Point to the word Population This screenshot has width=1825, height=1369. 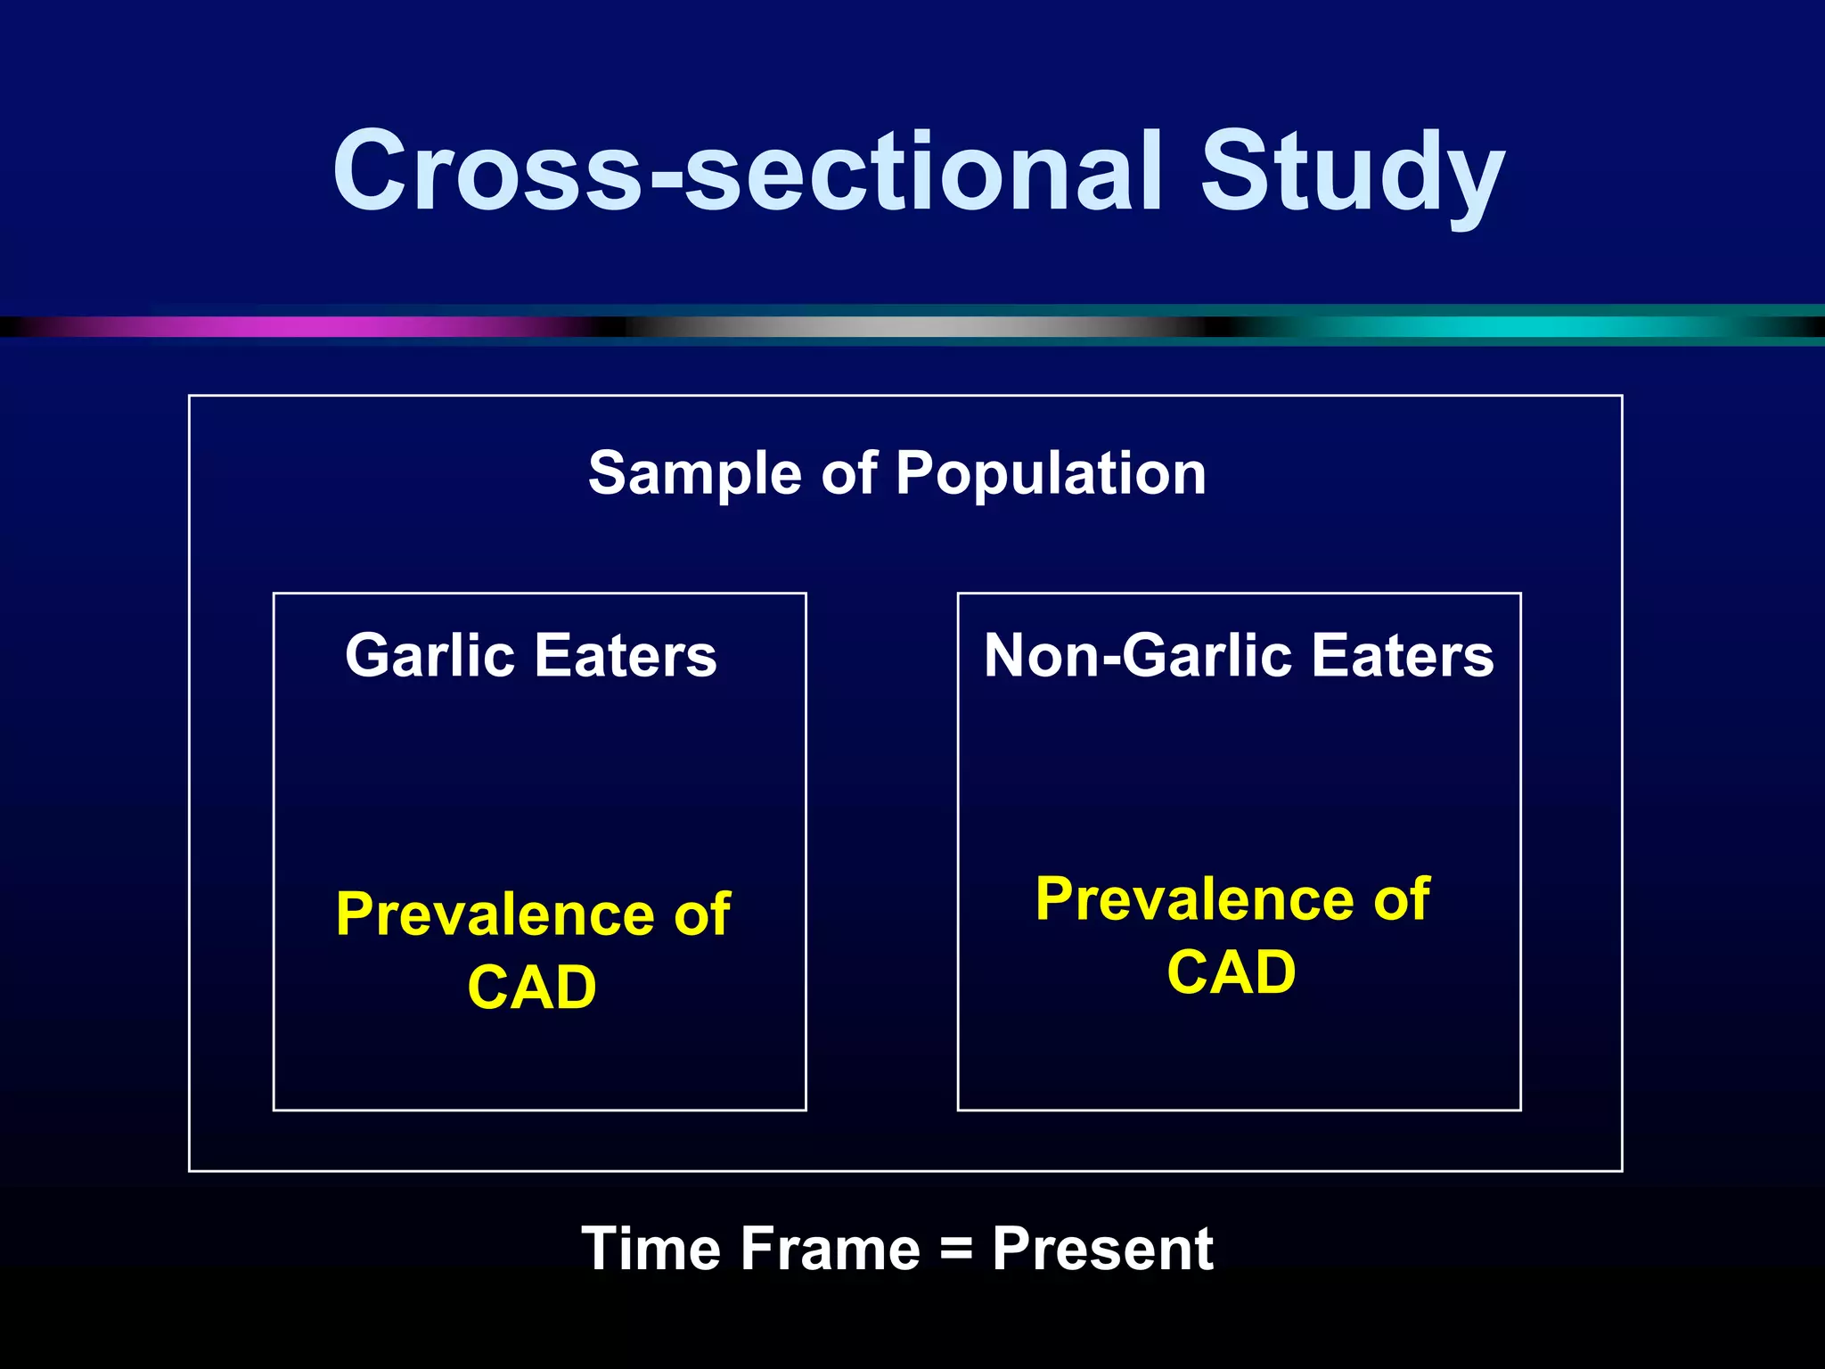(1051, 473)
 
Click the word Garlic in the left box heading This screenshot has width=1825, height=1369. (430, 656)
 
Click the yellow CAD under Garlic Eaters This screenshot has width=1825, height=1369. (532, 988)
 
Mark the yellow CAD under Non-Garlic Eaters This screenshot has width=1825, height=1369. (1232, 972)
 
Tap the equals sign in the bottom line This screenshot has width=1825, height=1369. (956, 1249)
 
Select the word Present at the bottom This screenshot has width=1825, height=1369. (1102, 1249)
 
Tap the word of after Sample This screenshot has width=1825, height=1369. (849, 473)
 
